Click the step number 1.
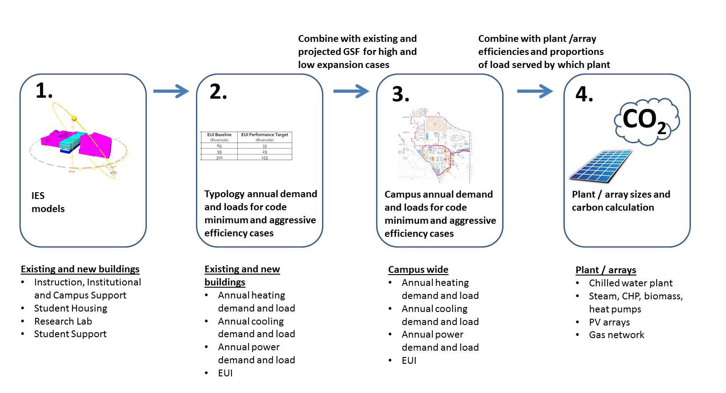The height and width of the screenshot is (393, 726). [x=44, y=91]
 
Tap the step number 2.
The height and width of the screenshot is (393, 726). [x=218, y=92]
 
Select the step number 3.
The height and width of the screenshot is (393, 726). [x=400, y=94]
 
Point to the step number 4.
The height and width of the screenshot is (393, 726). [x=584, y=94]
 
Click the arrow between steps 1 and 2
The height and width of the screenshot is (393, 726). [x=171, y=91]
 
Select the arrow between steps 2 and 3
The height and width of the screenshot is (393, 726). [x=351, y=91]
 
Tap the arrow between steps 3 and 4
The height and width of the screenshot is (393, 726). [x=535, y=91]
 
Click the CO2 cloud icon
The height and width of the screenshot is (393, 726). [x=646, y=121]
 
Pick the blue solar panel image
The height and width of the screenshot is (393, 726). [x=601, y=166]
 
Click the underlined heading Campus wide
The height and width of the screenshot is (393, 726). [x=418, y=270]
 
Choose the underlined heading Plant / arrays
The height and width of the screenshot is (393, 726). [x=605, y=270]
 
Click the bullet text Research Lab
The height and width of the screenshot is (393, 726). [x=63, y=321]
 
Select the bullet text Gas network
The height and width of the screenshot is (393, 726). [x=616, y=335]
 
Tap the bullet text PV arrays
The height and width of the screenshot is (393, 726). [x=609, y=322]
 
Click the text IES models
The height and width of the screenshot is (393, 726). [x=48, y=202]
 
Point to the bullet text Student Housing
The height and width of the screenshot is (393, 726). [x=71, y=308]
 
